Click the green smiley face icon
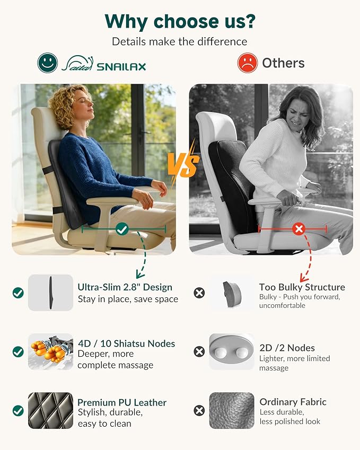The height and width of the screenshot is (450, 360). pyautogui.click(x=47, y=63)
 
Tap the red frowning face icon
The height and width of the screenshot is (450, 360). pyautogui.click(x=248, y=63)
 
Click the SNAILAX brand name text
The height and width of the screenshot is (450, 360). pyautogui.click(x=121, y=67)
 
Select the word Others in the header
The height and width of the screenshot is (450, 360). pyautogui.click(x=283, y=63)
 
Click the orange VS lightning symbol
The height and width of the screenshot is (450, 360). pyautogui.click(x=183, y=164)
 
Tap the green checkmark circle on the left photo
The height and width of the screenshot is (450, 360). pyautogui.click(x=122, y=229)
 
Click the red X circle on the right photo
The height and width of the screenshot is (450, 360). pyautogui.click(x=299, y=229)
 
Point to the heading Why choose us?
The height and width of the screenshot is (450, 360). pyautogui.click(x=180, y=22)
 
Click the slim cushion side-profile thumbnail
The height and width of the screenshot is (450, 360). pyautogui.click(x=50, y=293)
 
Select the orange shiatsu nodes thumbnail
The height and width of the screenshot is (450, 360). pyautogui.click(x=50, y=351)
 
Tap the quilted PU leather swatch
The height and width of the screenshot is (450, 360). pyautogui.click(x=50, y=410)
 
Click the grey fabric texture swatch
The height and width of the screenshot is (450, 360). pyautogui.click(x=232, y=410)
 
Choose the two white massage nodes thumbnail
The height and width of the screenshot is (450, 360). pyautogui.click(x=232, y=351)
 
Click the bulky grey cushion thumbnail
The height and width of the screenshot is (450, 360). pyautogui.click(x=232, y=294)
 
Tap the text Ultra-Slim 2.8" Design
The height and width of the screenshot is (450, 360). pyautogui.click(x=125, y=287)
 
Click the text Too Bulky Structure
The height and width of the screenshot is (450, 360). pyautogui.click(x=302, y=287)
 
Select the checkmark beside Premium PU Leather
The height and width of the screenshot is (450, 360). pyautogui.click(x=18, y=411)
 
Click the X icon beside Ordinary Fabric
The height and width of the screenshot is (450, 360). pyautogui.click(x=199, y=411)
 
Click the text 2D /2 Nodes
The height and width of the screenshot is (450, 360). pyautogui.click(x=287, y=348)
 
